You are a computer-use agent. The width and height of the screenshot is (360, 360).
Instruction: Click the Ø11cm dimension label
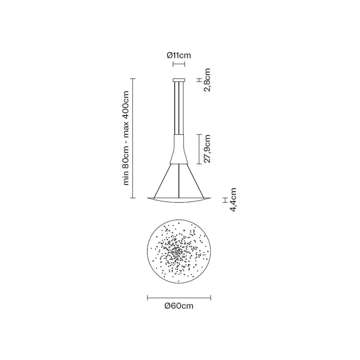pos(179,55)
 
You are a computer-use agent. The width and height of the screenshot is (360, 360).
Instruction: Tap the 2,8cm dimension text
pos(206,80)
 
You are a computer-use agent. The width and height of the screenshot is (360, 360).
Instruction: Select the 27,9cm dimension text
pos(206,149)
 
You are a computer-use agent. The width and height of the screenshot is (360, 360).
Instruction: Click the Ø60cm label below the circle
pos(179,306)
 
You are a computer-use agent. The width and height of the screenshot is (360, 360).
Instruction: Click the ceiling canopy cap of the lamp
pos(179,80)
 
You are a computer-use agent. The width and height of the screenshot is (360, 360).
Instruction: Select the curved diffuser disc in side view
pos(179,200)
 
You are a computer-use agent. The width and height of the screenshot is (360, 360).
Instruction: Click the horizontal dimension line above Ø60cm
pos(179,298)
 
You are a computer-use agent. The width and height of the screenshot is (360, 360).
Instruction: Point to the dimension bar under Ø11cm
pos(179,64)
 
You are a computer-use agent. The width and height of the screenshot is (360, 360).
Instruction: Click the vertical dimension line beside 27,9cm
pos(198,149)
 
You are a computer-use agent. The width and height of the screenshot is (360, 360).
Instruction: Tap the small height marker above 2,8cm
pos(198,80)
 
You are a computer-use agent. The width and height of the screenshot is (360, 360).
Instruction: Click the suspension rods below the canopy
pos(179,108)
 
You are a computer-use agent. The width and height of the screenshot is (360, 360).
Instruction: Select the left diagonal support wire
pos(162,181)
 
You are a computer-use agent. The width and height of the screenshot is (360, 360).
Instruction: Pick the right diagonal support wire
pos(195,181)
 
